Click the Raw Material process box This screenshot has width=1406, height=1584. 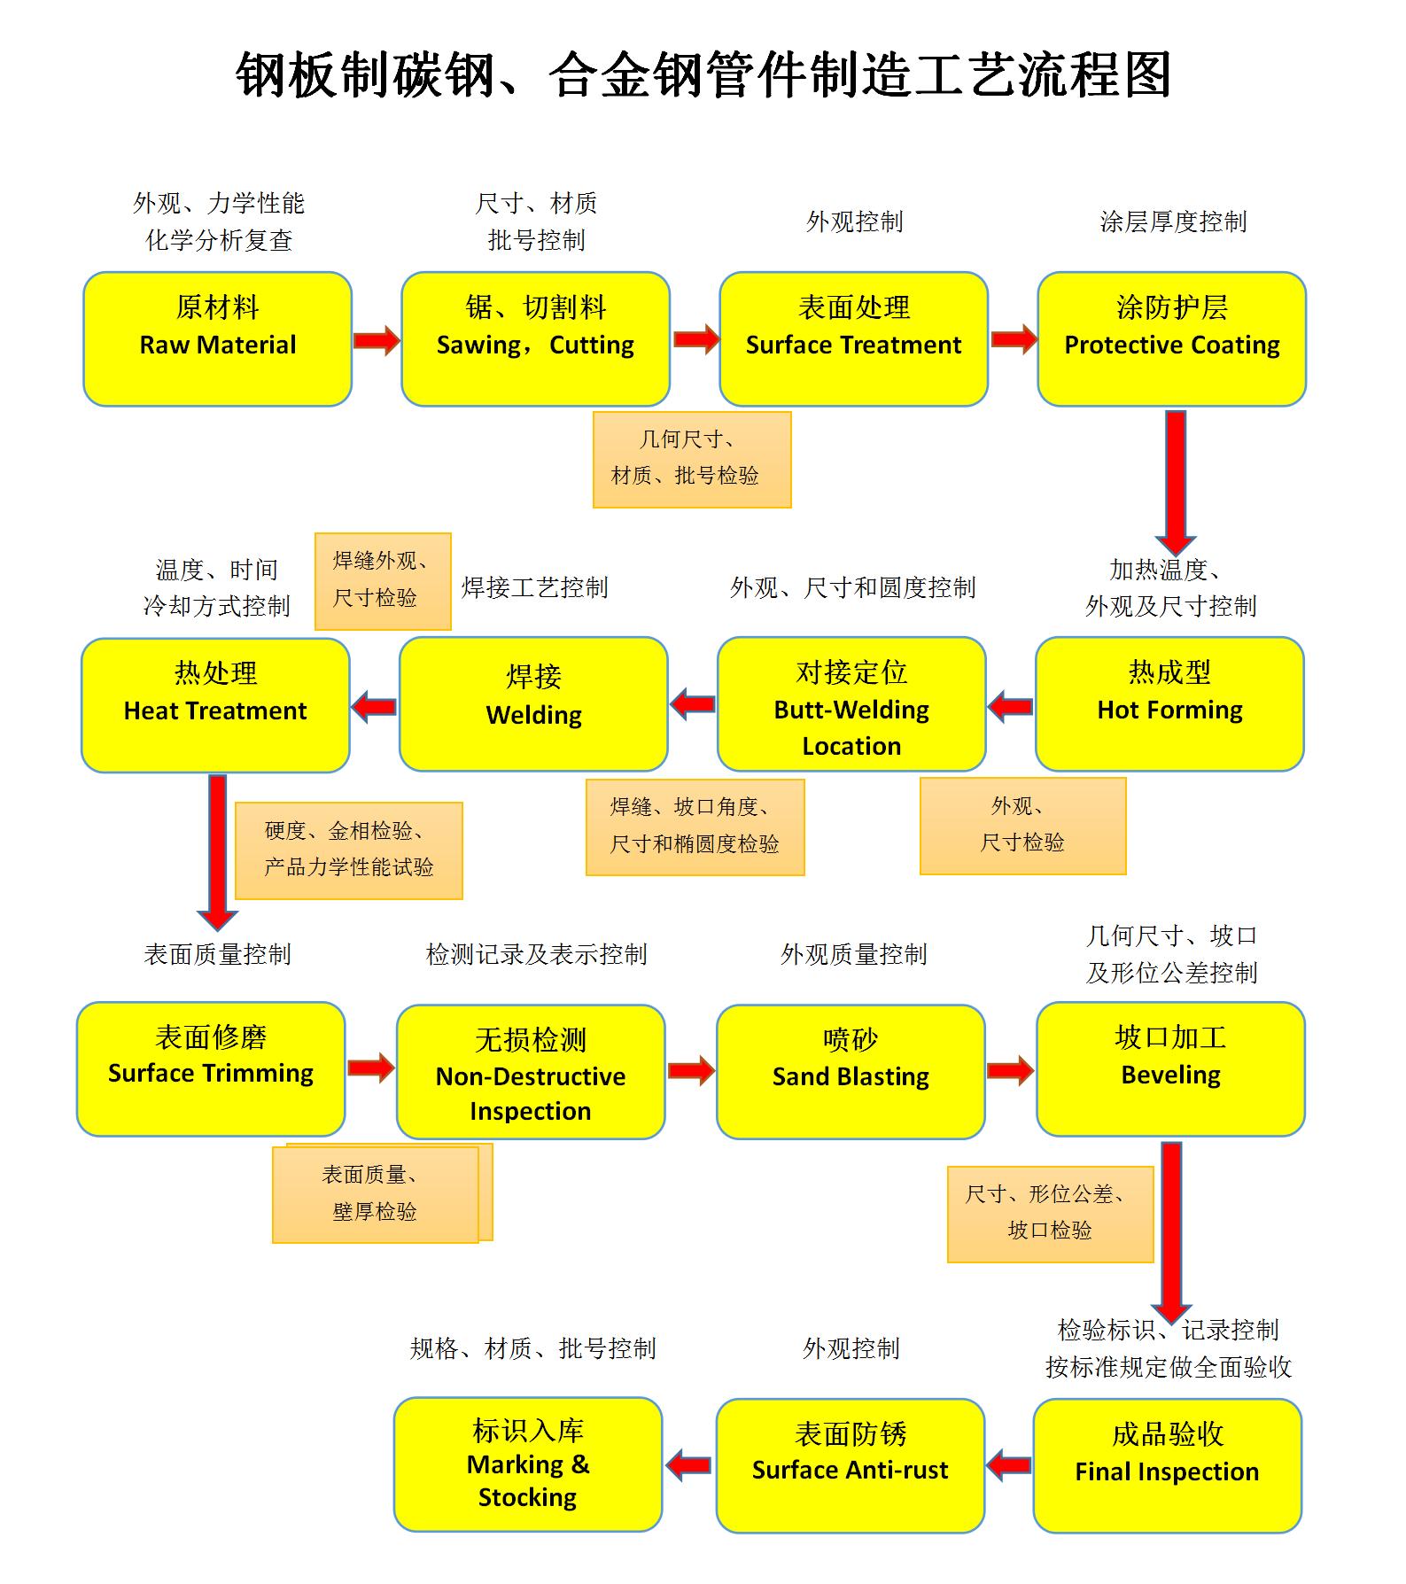pos(217,338)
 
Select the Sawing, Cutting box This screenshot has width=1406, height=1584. pos(535,338)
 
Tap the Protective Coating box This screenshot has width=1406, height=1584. pos(1171,338)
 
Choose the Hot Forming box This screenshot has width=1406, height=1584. pos(1169,704)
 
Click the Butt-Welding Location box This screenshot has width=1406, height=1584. pos(851,704)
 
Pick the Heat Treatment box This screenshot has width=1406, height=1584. pos(215,705)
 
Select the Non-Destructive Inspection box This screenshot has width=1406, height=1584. pos(531,1071)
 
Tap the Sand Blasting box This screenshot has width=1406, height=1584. pos(851,1071)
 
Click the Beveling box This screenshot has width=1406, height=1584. pos(1170,1069)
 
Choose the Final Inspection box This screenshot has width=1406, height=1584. pos(1167,1465)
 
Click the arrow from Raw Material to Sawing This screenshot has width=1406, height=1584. pos(377,340)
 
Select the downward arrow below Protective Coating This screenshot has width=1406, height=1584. pos(1176,480)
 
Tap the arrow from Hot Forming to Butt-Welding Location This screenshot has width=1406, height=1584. pos(1011,707)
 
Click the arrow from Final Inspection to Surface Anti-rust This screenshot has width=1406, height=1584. pos(1009,1465)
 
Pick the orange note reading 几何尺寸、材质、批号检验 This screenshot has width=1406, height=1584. pos(692,459)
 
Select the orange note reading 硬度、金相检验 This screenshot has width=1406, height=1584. pos(349,850)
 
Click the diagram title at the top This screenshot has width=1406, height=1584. pos(703,74)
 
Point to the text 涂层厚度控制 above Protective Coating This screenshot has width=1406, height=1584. pos(1173,221)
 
